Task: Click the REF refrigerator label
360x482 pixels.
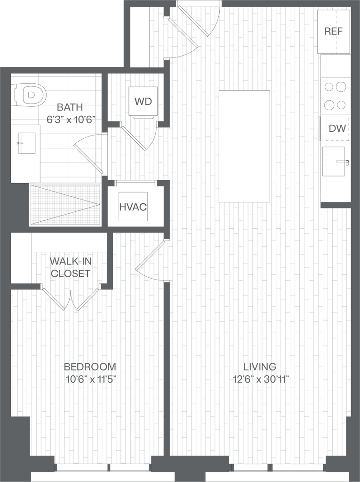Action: [x=334, y=32]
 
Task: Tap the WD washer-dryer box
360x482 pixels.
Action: [x=143, y=102]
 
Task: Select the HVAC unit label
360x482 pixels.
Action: [x=133, y=207]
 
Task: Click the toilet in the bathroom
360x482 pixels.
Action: [x=29, y=95]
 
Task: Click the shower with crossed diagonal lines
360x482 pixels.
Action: [x=65, y=204]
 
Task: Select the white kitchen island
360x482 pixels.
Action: [x=244, y=146]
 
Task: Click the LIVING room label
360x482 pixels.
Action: [x=259, y=366]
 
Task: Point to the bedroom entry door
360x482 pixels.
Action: [x=152, y=257]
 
